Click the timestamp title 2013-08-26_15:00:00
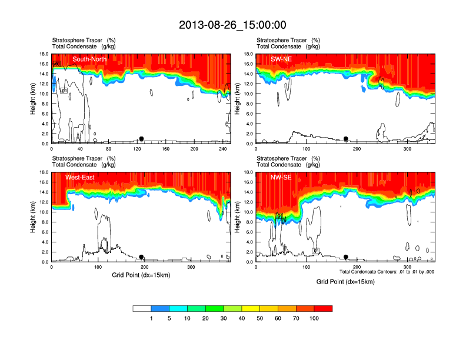coord(232,25)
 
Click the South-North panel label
coord(89,59)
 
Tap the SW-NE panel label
coord(281,59)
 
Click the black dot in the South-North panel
coord(141,139)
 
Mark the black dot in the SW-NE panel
coord(346,139)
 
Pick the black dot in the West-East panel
coord(141,257)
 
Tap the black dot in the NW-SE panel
coord(346,257)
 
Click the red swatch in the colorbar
coord(323,308)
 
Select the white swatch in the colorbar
coord(142,308)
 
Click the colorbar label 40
coord(242,318)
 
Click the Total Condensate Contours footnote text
coord(387,271)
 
